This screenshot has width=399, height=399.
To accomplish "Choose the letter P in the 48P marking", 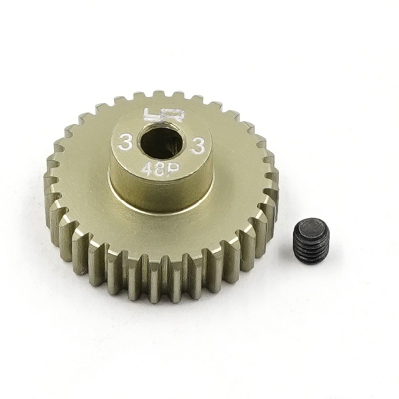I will point(171,173).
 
